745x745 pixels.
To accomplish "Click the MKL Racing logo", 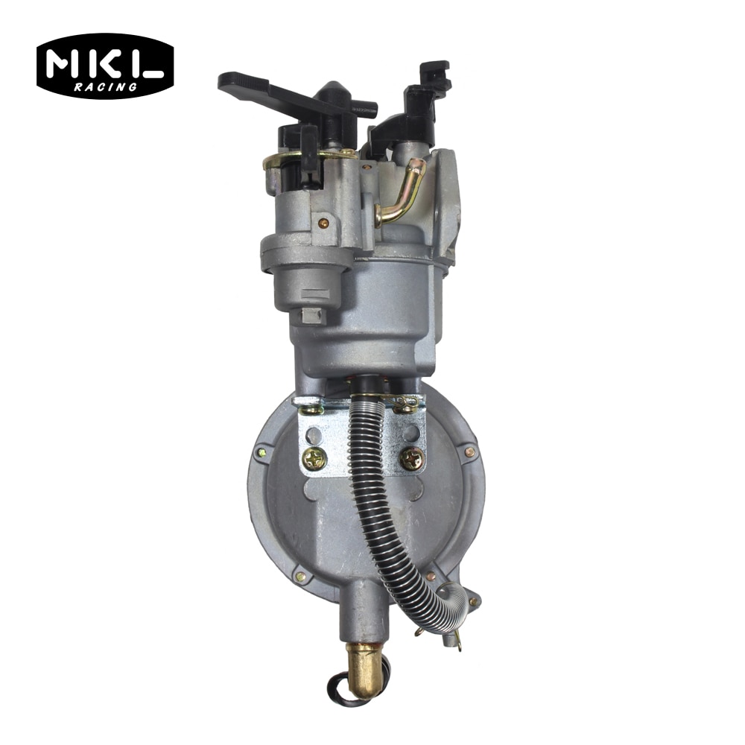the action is click(x=105, y=66).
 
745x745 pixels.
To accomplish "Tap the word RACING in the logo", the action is click(x=106, y=86).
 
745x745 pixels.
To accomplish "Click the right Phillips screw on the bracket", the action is click(x=411, y=459).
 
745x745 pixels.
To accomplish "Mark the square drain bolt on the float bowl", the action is click(x=311, y=316).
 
